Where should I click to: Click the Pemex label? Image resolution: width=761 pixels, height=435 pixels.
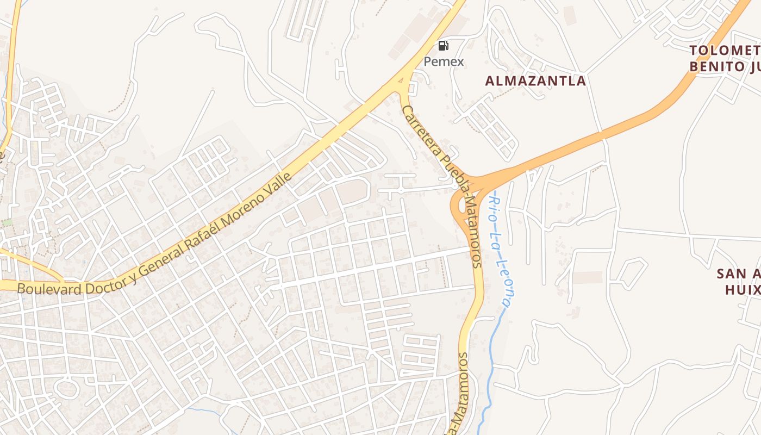point(444,61)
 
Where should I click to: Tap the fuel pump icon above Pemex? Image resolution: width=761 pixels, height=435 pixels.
point(444,46)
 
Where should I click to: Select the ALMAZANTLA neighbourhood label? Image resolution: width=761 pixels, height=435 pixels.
point(535,81)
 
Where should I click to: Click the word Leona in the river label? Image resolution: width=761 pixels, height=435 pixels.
point(506,272)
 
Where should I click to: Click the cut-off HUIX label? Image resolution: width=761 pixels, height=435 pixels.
point(742,289)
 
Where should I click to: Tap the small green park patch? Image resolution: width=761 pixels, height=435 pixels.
point(7,222)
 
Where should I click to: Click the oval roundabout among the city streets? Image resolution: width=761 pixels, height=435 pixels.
point(67,388)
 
